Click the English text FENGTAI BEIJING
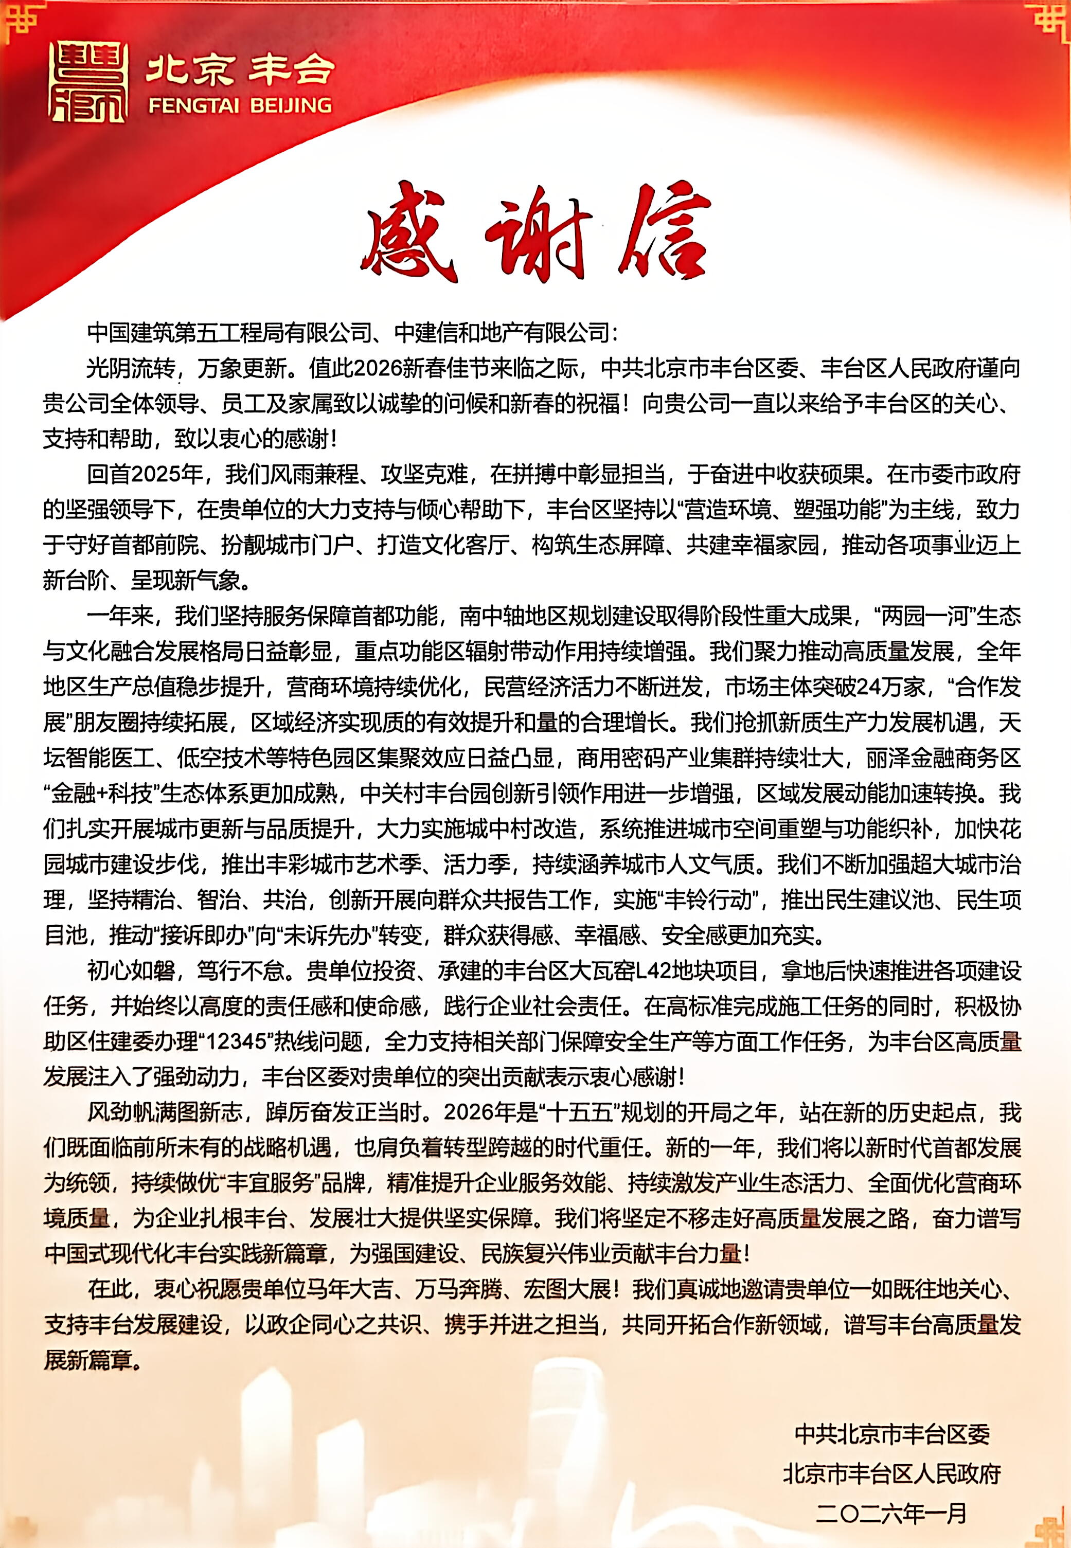240,105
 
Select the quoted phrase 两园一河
926,616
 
